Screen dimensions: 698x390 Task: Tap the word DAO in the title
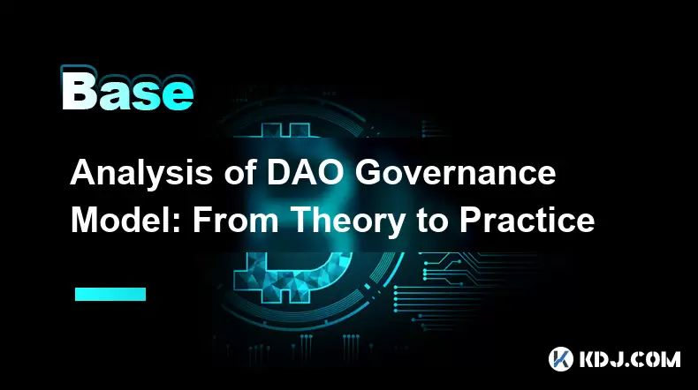(306, 173)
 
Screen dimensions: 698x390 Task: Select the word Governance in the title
(455, 173)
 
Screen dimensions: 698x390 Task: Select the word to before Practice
(433, 221)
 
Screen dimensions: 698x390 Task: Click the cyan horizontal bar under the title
(110, 294)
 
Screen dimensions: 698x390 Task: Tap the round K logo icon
(560, 359)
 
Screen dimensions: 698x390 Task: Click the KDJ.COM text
(629, 359)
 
